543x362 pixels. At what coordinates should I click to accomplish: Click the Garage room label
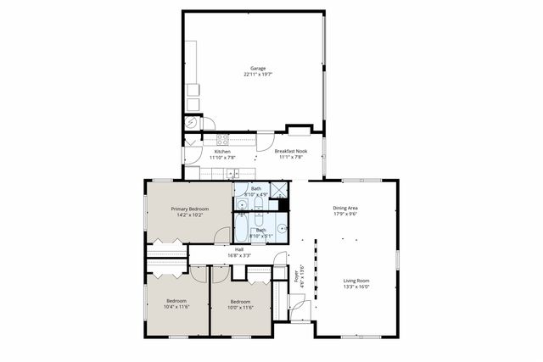257,68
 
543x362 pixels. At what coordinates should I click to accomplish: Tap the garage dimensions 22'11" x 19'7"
257,75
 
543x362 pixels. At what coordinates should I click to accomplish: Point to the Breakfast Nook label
290,151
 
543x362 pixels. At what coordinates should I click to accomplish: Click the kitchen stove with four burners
223,140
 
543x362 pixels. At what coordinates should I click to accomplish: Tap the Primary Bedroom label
189,209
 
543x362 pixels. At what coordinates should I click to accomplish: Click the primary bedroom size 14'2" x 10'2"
189,215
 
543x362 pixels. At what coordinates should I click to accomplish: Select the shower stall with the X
278,191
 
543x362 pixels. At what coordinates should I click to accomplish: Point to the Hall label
239,249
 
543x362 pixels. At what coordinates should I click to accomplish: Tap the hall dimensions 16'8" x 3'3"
239,255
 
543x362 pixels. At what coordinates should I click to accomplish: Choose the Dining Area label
344,208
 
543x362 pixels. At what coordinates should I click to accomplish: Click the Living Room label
355,281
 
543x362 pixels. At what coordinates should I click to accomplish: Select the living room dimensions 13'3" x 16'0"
355,287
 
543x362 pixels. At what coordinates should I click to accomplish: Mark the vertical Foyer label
297,277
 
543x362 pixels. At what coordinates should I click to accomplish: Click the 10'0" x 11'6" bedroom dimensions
240,308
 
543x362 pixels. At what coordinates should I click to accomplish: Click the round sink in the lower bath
283,228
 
